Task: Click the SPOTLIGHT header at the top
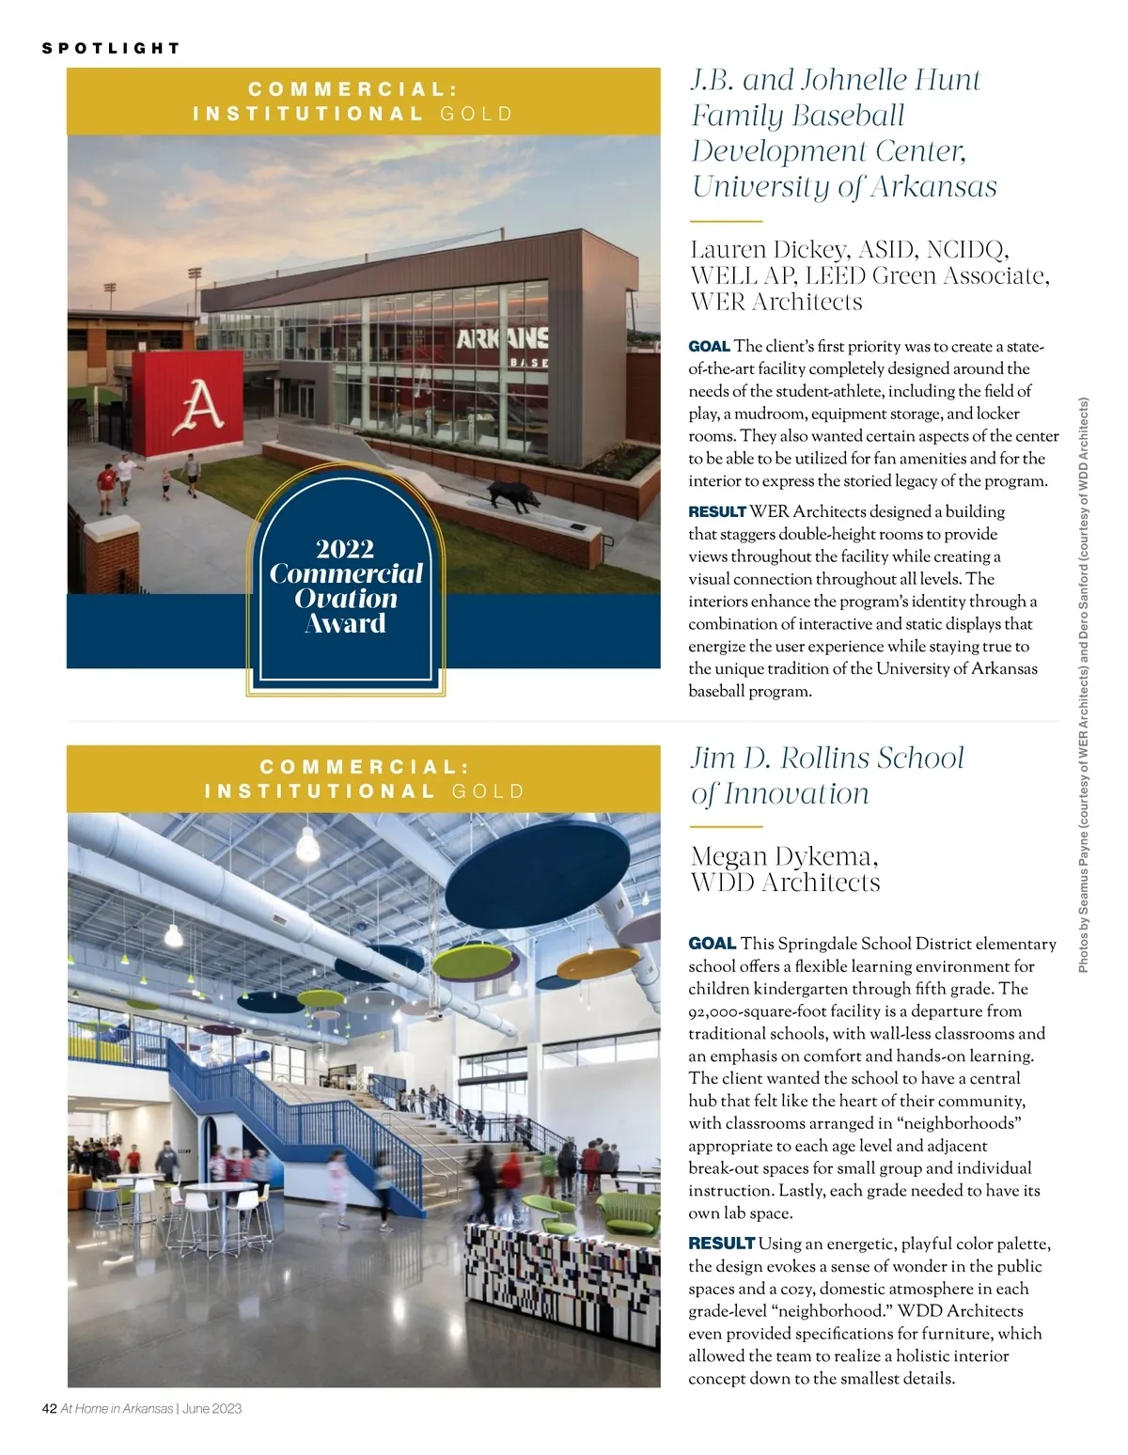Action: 111,48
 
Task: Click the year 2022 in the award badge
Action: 345,549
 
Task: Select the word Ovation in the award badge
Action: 345,599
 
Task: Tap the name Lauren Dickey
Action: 766,250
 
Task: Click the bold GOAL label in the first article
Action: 709,347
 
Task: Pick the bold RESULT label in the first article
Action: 716,512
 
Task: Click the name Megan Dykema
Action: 784,856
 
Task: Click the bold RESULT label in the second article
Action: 721,1244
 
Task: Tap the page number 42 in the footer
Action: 50,1408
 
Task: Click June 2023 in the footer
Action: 212,1408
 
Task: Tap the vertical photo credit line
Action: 1084,686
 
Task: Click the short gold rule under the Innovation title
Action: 725,827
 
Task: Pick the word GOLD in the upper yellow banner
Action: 477,115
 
